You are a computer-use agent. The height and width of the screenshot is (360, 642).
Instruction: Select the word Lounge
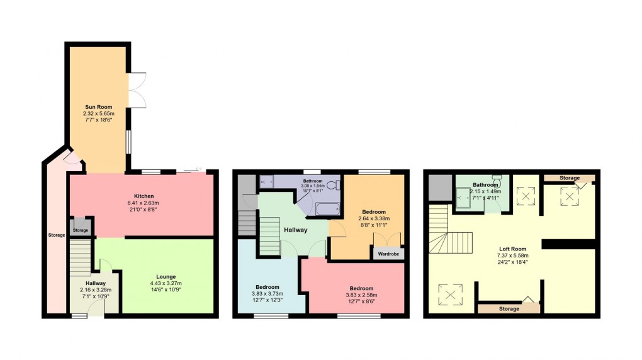pos(166,276)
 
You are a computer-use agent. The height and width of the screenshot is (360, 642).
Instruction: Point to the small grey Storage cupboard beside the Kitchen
pos(81,227)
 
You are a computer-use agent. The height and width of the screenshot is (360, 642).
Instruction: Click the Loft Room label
pos(510,249)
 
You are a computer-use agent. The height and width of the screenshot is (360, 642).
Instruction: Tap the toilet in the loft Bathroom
pos(497,183)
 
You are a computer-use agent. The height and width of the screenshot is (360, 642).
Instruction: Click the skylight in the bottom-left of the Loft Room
pos(451,294)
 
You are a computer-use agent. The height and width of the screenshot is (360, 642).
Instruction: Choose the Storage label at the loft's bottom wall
pos(509,309)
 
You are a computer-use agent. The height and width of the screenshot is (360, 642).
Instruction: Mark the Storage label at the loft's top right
pos(570,178)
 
